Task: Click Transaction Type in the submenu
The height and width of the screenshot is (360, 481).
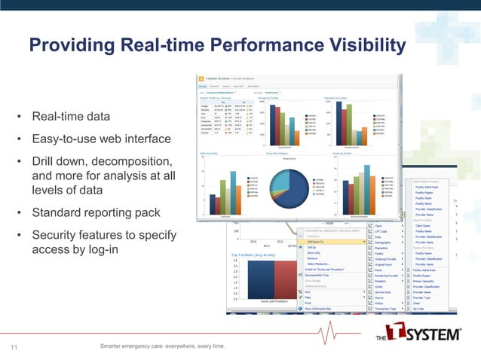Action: click(388, 308)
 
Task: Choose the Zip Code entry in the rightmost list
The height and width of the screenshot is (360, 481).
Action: click(420, 308)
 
